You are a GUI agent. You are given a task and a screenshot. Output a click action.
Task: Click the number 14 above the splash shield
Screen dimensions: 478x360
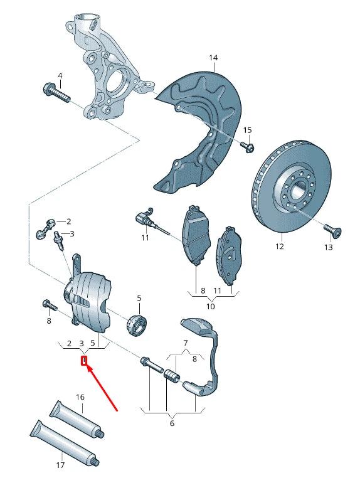[213, 58]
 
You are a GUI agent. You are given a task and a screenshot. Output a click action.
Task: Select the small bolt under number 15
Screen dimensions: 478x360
[247, 147]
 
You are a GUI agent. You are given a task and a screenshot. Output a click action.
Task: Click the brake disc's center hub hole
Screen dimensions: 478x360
[297, 188]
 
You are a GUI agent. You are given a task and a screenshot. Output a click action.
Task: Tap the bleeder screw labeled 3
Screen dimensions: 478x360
[60, 241]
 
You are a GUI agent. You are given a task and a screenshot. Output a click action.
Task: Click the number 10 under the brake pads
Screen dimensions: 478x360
[211, 306]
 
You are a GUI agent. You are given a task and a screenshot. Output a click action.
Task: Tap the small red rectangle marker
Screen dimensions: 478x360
[84, 361]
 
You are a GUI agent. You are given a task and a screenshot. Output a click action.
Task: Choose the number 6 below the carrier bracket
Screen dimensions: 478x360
[172, 423]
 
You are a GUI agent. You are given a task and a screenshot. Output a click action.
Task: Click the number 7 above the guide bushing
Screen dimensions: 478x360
[185, 343]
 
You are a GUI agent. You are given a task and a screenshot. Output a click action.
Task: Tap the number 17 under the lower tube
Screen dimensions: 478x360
[61, 465]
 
